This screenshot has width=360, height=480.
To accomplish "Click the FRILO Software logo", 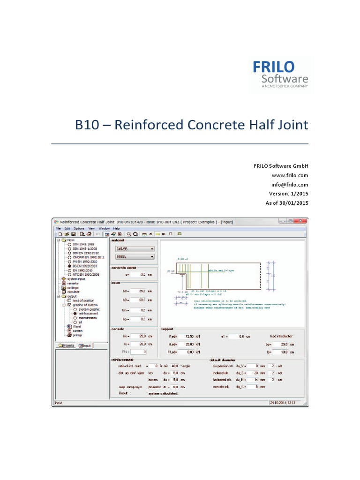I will [280, 74].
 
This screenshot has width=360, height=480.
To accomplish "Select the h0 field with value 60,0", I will [139, 300].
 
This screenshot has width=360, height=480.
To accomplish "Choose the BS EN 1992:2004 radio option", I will [70, 266].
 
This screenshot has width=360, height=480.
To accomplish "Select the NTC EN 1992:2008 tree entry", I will [70, 275].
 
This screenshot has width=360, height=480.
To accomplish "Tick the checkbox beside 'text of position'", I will [70, 300].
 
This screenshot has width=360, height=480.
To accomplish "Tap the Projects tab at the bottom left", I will [67, 345].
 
